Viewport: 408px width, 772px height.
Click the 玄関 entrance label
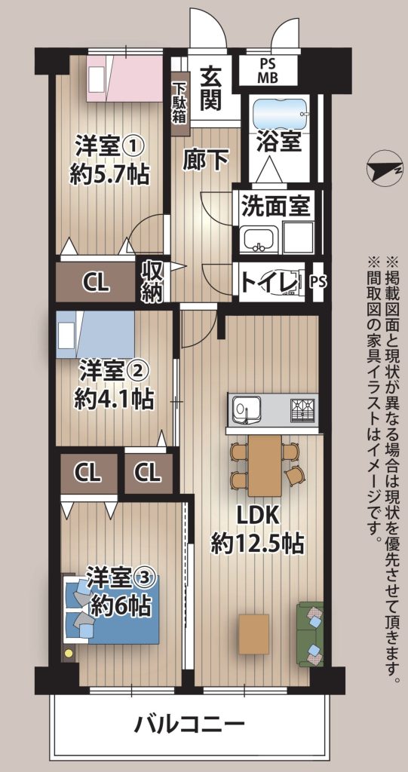[210, 88]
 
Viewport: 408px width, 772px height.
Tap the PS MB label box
[268, 71]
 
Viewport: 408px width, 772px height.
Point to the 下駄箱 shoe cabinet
[179, 104]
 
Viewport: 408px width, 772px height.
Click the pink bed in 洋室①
[124, 78]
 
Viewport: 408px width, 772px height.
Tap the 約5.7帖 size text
[109, 174]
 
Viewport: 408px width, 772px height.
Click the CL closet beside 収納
[96, 282]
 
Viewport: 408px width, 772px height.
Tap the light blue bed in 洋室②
[96, 333]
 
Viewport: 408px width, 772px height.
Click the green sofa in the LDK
[310, 634]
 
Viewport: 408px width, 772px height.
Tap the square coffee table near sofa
[254, 633]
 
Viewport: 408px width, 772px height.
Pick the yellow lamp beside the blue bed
[68, 653]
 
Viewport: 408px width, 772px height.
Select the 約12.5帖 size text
[256, 544]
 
